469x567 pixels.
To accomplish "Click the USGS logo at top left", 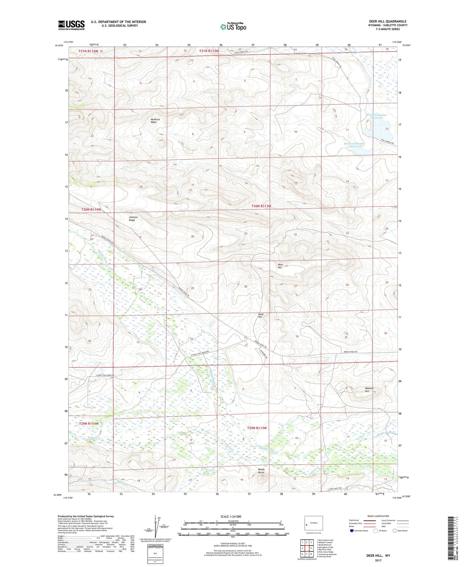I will pyautogui.click(x=71, y=25).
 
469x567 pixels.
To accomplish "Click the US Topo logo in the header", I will pyautogui.click(x=233, y=27).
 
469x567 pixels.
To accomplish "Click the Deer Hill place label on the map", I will pyautogui.click(x=280, y=266).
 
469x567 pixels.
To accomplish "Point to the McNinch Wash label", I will pyautogui.click(x=155, y=120).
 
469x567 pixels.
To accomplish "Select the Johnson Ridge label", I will pyautogui.click(x=133, y=219).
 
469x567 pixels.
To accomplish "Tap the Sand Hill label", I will pyautogui.click(x=260, y=315).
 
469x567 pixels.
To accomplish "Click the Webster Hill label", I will pyautogui.click(x=369, y=390).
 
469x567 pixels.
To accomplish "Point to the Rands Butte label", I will pyautogui.click(x=261, y=471).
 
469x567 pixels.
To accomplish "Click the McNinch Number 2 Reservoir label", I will pyautogui.click(x=354, y=145).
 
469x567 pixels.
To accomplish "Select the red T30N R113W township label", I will pyautogui.click(x=261, y=206).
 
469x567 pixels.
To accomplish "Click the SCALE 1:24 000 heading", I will pyautogui.click(x=231, y=516).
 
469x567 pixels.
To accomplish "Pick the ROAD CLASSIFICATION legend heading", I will pyautogui.click(x=378, y=516).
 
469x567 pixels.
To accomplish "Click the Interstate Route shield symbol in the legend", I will pyautogui.click(x=352, y=531).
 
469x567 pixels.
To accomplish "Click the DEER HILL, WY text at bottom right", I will pyautogui.click(x=378, y=556).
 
